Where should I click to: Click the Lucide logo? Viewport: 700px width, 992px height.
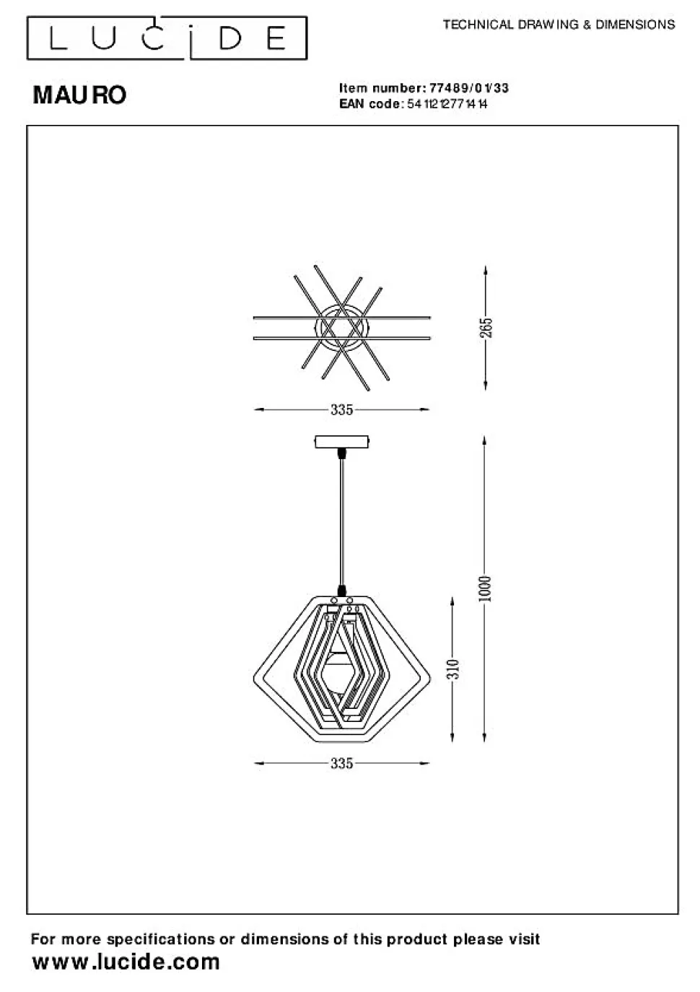(x=167, y=38)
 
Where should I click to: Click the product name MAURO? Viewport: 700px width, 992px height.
(x=79, y=95)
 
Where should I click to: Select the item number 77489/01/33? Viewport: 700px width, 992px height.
(x=469, y=87)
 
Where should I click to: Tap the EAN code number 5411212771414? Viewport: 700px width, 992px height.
(x=447, y=104)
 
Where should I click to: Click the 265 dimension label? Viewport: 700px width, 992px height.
(x=486, y=327)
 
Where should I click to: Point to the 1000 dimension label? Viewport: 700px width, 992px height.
(x=485, y=589)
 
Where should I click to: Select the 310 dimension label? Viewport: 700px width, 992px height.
(x=453, y=669)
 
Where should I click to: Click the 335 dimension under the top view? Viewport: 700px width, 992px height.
(x=342, y=409)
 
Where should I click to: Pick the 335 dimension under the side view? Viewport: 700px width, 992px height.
(x=342, y=763)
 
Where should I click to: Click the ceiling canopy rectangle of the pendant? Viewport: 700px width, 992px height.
(x=342, y=442)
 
